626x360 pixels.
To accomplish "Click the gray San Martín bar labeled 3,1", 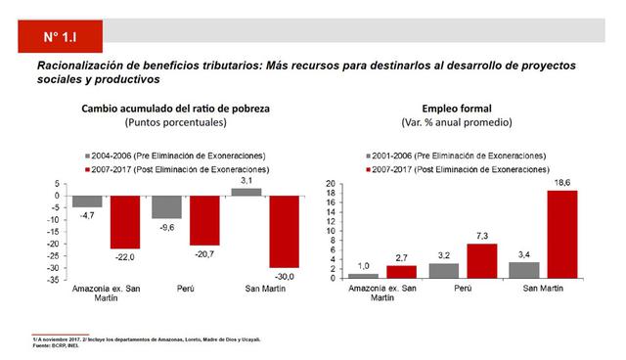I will point(246,192).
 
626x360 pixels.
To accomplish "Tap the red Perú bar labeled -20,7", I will point(204,220).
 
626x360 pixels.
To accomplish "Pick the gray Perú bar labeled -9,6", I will point(165,206).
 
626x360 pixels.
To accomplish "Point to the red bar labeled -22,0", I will point(124,222).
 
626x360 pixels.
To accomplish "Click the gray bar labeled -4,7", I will point(86,202).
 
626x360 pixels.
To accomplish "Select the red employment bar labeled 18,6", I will point(562,234).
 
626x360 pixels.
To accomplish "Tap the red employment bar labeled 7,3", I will point(480,260).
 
